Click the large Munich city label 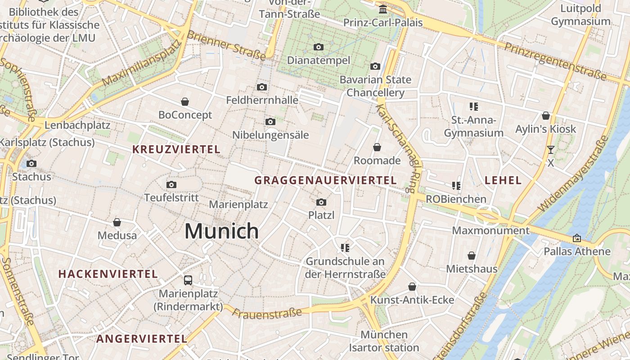click(221, 231)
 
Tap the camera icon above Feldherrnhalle click(262, 87)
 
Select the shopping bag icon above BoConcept click(185, 102)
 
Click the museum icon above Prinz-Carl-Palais click(383, 9)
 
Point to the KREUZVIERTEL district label click(176, 149)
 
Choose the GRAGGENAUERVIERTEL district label click(325, 180)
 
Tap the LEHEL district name click(503, 180)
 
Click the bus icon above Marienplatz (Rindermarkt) click(188, 280)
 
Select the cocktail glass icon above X click(550, 150)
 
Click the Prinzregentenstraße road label click(555, 61)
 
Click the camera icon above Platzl click(321, 202)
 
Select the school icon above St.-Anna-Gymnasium click(473, 107)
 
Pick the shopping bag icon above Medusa click(117, 222)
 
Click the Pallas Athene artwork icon click(577, 238)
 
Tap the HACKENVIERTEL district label click(108, 274)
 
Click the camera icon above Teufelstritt click(171, 184)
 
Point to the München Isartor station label click(384, 341)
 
